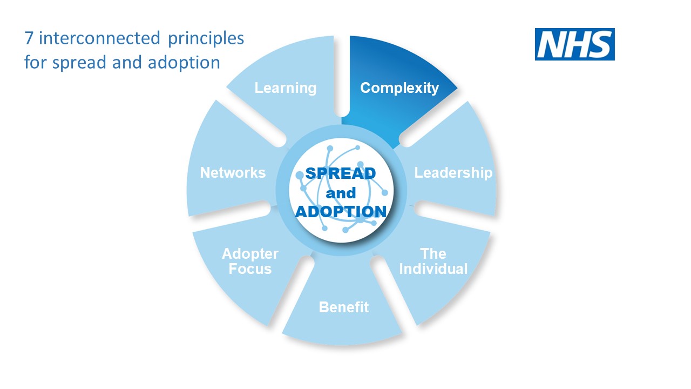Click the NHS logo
coord(575,44)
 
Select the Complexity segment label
coord(399,88)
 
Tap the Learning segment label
coord(286,88)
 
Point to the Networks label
coord(233,172)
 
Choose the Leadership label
coord(453,173)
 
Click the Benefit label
coord(344,307)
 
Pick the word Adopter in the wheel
coord(250,254)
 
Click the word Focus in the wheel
coord(250,269)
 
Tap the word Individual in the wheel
coord(433,269)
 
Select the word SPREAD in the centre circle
coord(341,173)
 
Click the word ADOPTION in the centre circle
coord(341,212)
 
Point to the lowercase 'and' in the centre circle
coord(341,193)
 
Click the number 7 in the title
coord(29,38)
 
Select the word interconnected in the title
coord(99,38)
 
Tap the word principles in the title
coord(206,39)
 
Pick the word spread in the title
coord(79,63)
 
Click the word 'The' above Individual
coord(433,254)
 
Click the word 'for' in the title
coord(36,63)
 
